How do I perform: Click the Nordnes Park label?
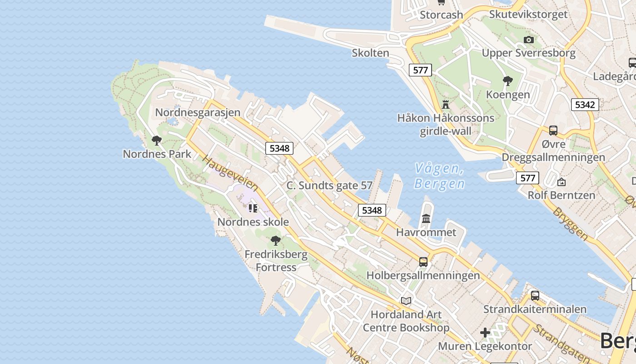pos(157,154)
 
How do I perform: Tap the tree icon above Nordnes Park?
pos(157,141)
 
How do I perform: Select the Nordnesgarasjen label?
pos(198,112)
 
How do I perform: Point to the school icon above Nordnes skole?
pos(253,208)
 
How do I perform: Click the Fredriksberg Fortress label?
pos(276,261)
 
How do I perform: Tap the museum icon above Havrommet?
pos(426,219)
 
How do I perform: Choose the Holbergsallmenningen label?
pos(423,275)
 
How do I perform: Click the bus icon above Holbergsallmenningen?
pos(423,262)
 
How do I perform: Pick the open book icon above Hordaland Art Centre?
pos(406,301)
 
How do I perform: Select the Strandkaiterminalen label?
pos(535,309)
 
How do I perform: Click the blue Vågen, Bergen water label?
pos(439,176)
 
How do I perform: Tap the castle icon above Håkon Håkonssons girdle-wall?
pos(446,105)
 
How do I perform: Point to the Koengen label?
pos(508,95)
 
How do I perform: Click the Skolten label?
pos(371,53)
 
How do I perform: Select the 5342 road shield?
pos(585,105)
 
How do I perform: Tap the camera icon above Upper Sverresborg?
pos(528,40)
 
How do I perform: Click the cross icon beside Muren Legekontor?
pos(485,333)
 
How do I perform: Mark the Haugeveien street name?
pos(230,173)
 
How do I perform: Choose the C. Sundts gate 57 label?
pos(329,186)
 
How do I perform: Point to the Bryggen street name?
pos(571,223)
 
